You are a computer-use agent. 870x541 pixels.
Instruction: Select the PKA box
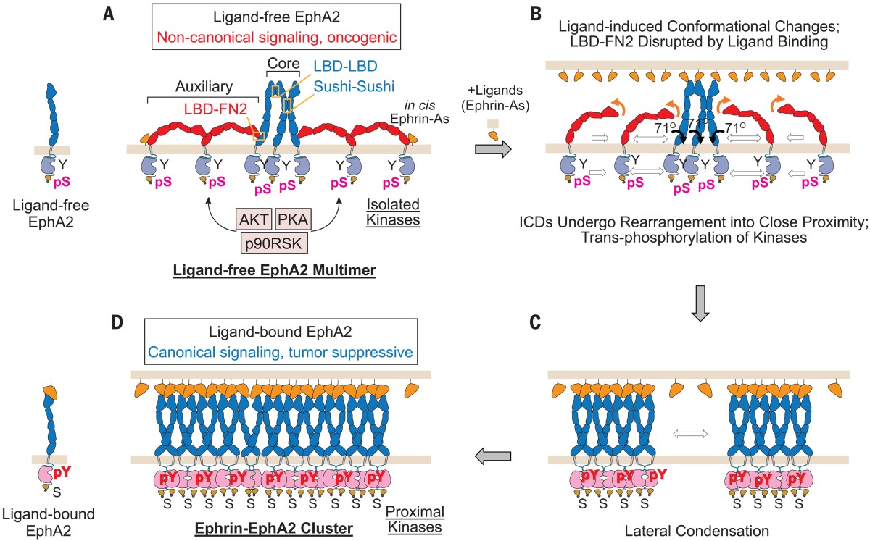point(291,218)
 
